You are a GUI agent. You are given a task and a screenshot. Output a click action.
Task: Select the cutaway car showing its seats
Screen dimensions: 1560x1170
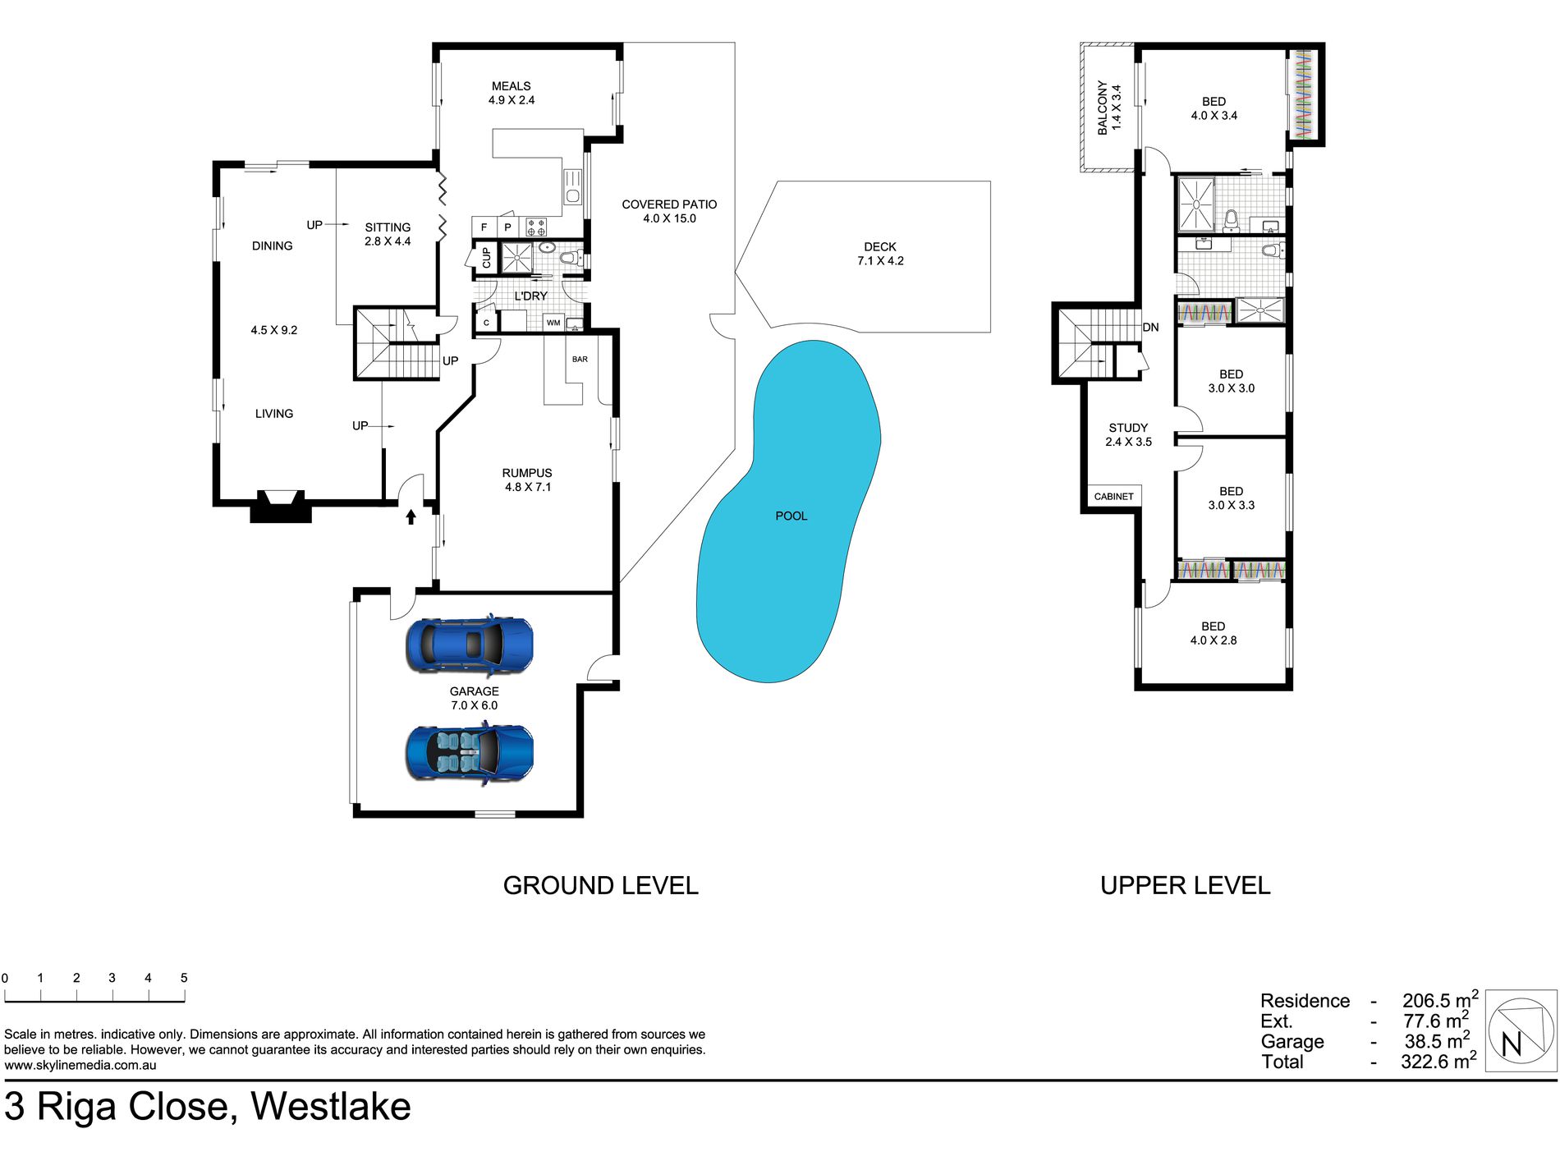click(x=470, y=752)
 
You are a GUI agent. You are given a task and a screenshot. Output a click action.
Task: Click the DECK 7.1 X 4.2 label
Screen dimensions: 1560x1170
click(x=880, y=254)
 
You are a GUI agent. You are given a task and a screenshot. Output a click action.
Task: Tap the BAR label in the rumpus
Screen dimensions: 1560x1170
click(x=580, y=359)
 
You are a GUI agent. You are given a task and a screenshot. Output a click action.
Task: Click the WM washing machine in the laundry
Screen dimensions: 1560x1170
click(x=553, y=323)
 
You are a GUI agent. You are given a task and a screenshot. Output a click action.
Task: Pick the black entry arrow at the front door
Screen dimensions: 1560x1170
click(x=411, y=516)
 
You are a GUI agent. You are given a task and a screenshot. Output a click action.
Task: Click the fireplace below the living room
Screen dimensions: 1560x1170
click(x=280, y=507)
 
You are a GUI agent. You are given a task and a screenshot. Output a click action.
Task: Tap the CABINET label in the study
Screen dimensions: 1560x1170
click(x=1113, y=497)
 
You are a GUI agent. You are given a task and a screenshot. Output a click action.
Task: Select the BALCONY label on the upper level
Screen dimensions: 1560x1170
click(x=1109, y=108)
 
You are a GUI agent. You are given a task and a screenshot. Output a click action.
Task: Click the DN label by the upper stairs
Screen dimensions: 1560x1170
click(x=1150, y=327)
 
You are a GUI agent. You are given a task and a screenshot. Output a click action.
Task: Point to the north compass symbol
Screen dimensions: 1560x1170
click(x=1521, y=1030)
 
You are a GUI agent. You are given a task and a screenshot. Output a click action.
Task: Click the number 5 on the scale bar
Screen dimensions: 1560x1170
click(x=184, y=977)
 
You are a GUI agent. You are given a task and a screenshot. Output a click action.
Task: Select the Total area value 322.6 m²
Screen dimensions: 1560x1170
click(x=1439, y=1061)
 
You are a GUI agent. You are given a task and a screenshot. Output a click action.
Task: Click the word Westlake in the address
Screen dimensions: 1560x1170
click(x=331, y=1106)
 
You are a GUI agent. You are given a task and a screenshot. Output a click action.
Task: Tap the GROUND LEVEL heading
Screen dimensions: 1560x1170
click(x=601, y=885)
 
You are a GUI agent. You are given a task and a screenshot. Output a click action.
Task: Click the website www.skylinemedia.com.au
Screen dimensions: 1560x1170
click(x=80, y=1065)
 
